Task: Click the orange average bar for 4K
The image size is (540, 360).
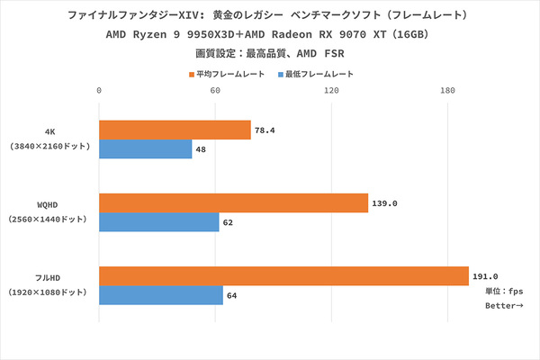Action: click(x=175, y=130)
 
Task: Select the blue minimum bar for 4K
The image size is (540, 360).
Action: click(x=145, y=149)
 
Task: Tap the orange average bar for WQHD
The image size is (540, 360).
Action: click(x=233, y=203)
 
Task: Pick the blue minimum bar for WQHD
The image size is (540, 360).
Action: click(x=158, y=222)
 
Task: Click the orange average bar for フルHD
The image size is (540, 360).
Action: click(x=283, y=276)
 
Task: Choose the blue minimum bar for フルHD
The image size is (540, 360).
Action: click(x=160, y=295)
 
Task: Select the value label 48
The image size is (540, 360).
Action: click(x=202, y=149)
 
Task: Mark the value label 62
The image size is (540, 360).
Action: click(x=229, y=222)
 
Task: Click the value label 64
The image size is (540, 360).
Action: click(x=232, y=295)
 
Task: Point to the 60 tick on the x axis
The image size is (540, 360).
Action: click(x=215, y=91)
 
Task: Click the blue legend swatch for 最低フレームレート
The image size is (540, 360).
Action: click(x=281, y=74)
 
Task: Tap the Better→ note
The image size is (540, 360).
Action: click(x=502, y=306)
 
